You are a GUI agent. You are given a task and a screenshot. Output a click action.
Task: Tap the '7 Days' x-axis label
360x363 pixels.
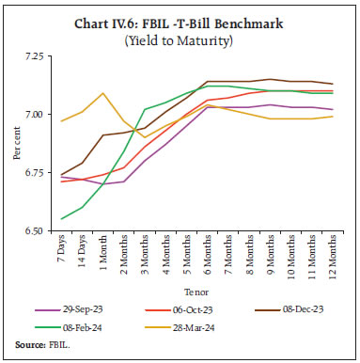[x=63, y=255]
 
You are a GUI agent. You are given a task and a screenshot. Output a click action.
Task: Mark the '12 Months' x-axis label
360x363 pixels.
[x=331, y=260]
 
